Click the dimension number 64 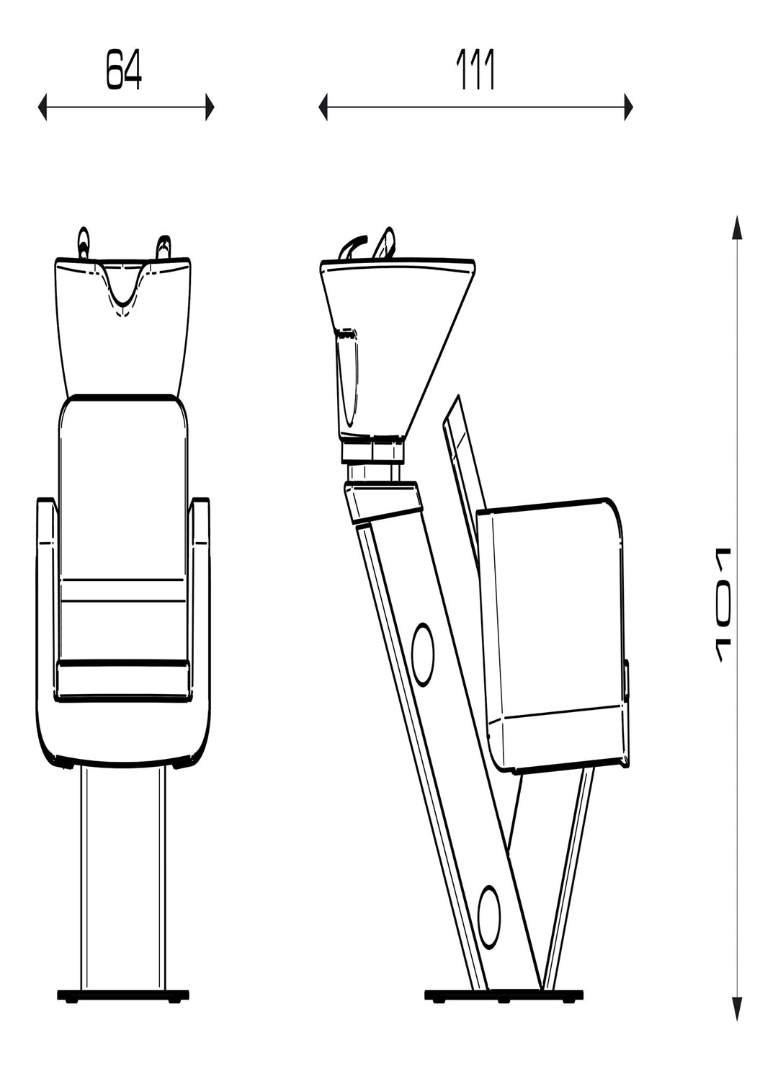coord(125,71)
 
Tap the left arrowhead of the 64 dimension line coord(43,107)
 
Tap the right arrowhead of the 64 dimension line coord(210,107)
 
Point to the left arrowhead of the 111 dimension coord(323,107)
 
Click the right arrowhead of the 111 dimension coord(628,107)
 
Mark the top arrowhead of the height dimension coord(736,226)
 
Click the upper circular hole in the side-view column coord(422,653)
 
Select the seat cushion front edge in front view coord(123,680)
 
